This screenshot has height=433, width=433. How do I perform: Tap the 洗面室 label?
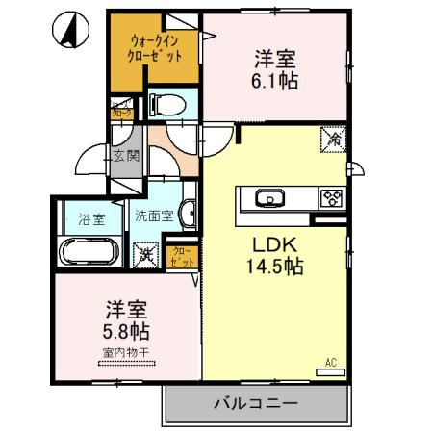[154, 216]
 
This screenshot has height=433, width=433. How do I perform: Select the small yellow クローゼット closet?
[183, 256]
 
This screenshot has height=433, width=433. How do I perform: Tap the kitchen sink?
[267, 198]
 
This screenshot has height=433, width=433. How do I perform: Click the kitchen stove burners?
[332, 198]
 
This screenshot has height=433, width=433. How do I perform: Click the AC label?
[330, 363]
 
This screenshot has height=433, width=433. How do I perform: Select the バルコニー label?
[255, 404]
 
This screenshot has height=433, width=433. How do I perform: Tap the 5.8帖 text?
[125, 332]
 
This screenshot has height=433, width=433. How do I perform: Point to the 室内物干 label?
[125, 353]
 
